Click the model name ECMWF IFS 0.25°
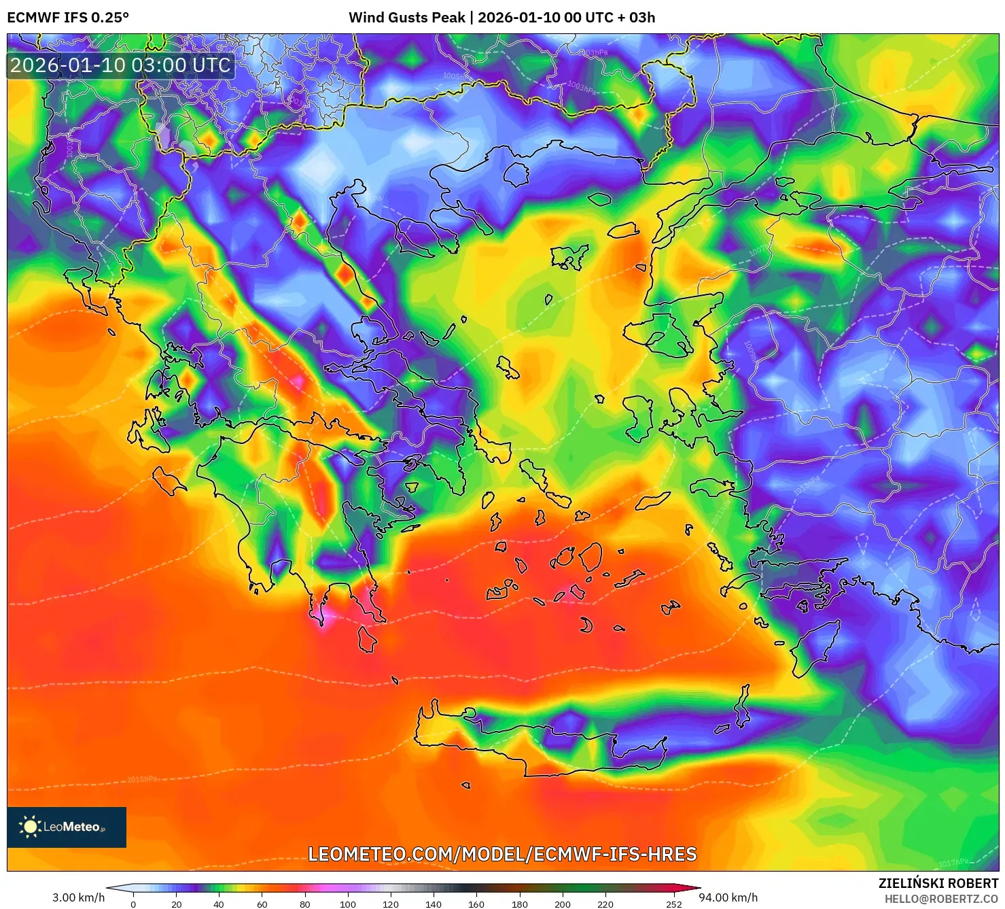68,18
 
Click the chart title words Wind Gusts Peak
407,18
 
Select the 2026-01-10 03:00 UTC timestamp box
120,65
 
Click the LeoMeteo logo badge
67,827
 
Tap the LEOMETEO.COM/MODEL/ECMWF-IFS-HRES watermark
502,854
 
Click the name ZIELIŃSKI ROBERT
938,883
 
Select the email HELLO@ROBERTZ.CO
941,899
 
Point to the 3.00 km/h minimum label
79,897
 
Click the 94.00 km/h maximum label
728,897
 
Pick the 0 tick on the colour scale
133,904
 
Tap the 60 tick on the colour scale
262,904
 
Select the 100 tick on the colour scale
347,904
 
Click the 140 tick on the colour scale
434,904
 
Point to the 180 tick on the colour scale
519,904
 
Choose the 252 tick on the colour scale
673,904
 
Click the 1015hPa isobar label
141,779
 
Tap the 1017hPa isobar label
953,863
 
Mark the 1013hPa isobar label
807,485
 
